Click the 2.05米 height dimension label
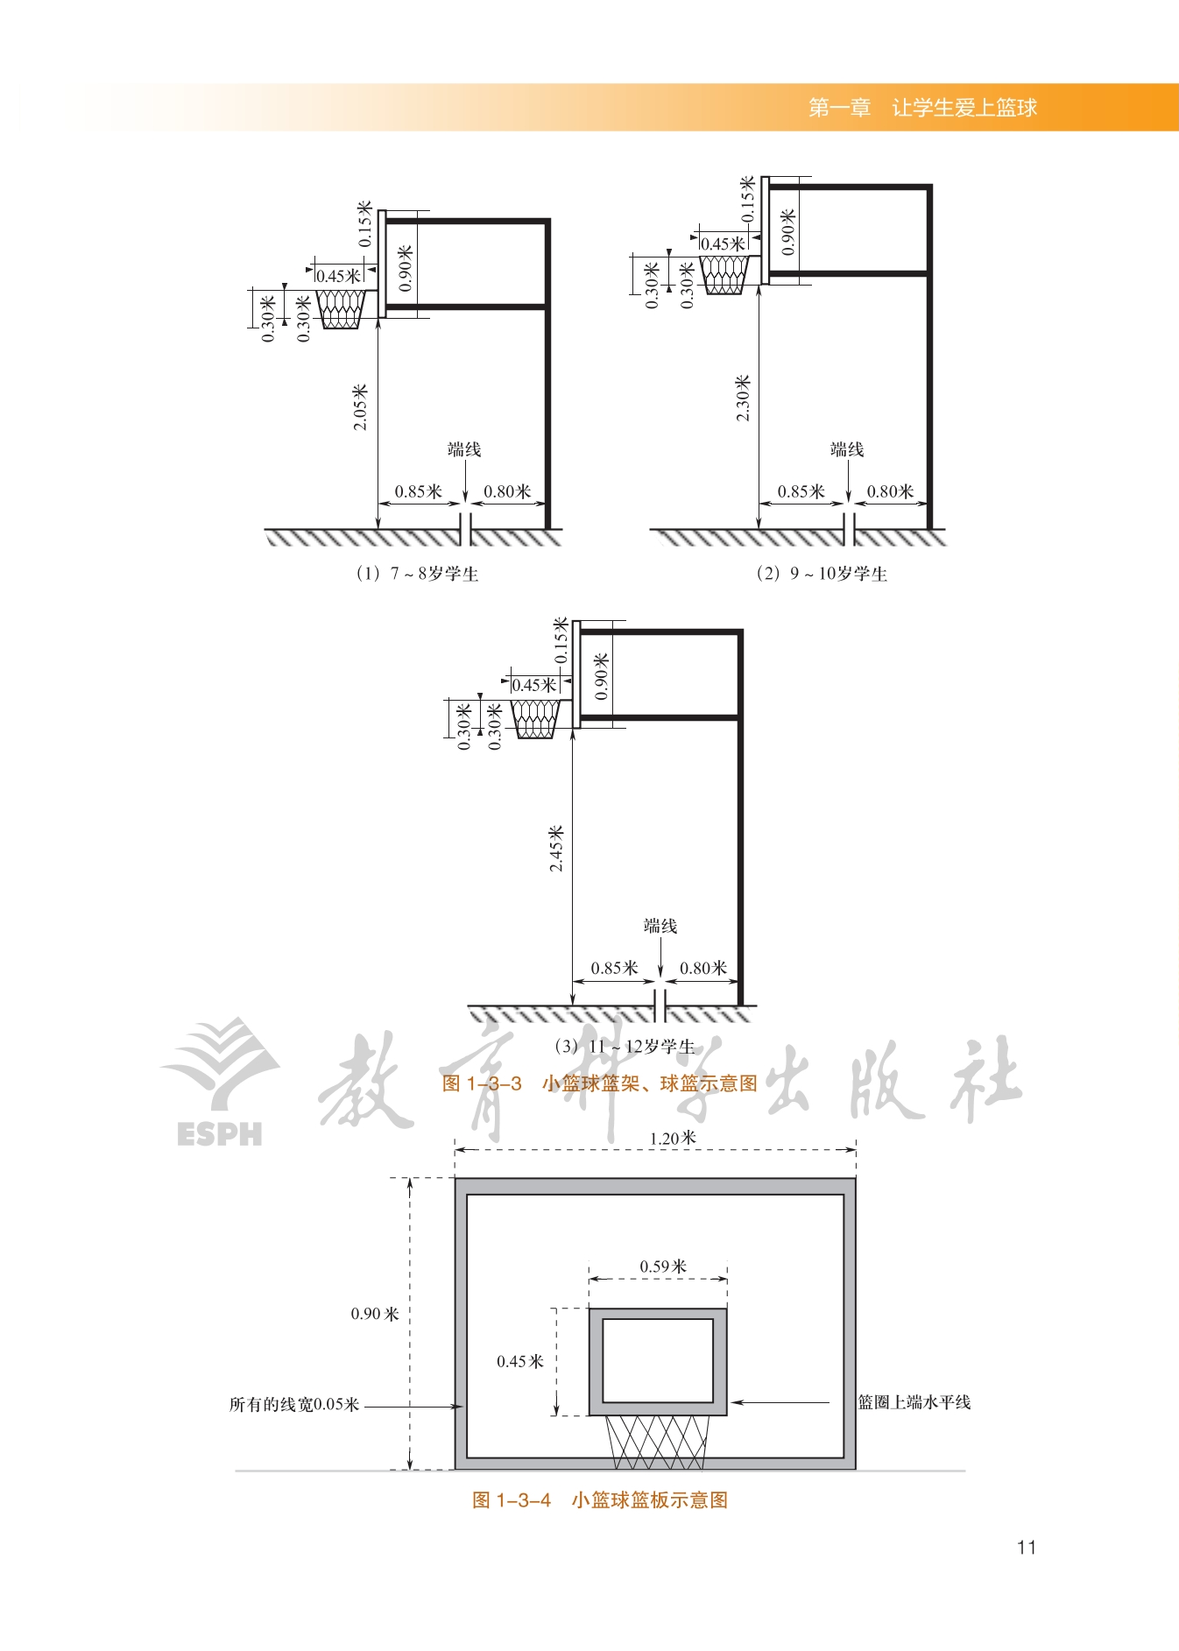(x=360, y=407)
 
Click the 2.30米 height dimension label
(x=743, y=399)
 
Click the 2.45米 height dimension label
(x=556, y=849)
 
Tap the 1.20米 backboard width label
(x=673, y=1138)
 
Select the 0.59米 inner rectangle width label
(x=663, y=1266)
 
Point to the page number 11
(x=1027, y=1548)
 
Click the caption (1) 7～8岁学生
(x=417, y=574)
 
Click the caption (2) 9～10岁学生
(x=822, y=574)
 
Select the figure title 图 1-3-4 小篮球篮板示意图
(x=600, y=1500)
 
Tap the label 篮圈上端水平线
(x=914, y=1402)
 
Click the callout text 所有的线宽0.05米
(x=294, y=1405)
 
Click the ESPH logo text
(x=219, y=1134)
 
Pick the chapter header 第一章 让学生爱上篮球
(x=922, y=108)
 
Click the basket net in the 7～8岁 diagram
(x=341, y=309)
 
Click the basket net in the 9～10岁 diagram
(x=724, y=274)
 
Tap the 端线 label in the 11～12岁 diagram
(x=660, y=926)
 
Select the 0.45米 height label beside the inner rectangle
(x=520, y=1361)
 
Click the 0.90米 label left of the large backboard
(x=375, y=1314)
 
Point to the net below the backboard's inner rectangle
(x=657, y=1443)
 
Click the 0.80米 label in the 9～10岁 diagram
(x=890, y=491)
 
